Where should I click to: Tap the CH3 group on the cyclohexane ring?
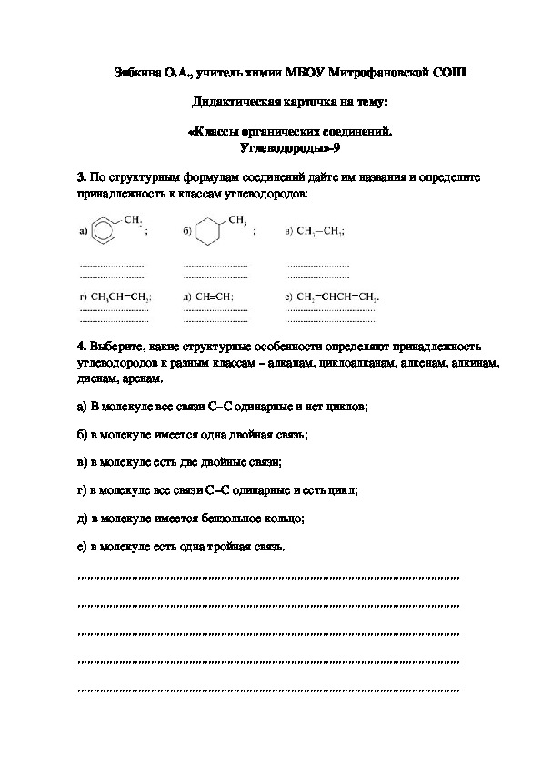pos(238,220)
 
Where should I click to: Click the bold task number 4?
pos(82,348)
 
